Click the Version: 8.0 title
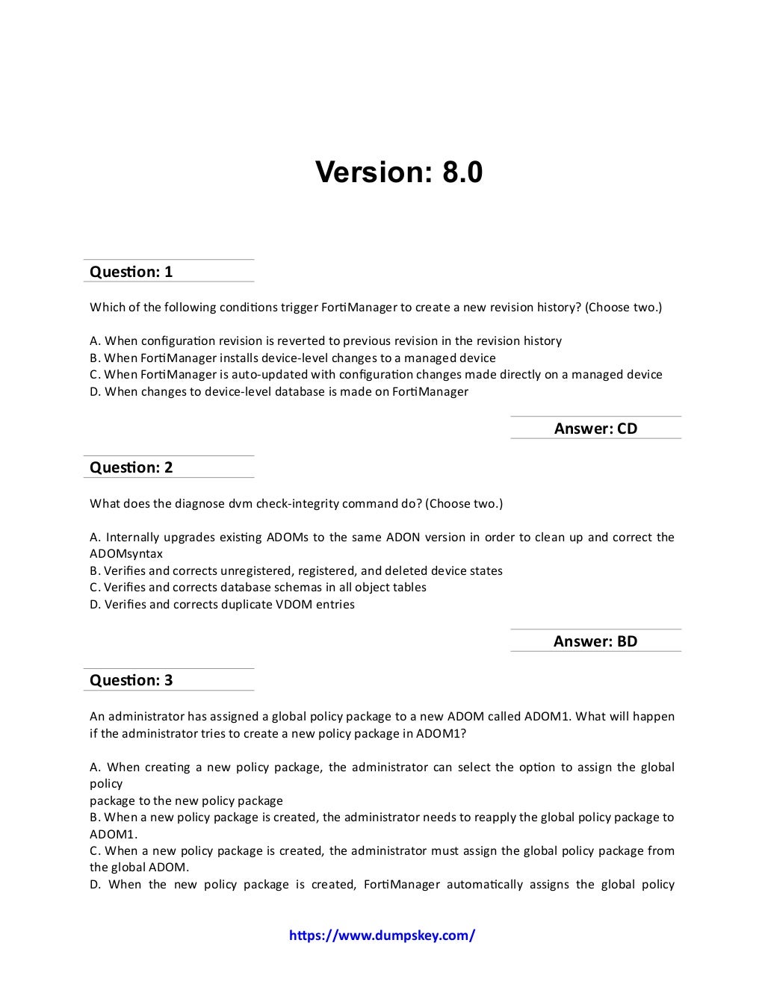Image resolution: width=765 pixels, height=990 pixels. [x=399, y=172]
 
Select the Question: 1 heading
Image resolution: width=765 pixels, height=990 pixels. [x=131, y=272]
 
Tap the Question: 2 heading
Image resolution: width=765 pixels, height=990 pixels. [x=131, y=468]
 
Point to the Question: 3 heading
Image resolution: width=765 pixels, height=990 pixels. [x=131, y=680]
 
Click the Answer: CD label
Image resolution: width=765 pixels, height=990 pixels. [x=595, y=429]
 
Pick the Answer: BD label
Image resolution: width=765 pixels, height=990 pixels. [x=595, y=641]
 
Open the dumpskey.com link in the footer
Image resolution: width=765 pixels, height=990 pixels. [x=382, y=935]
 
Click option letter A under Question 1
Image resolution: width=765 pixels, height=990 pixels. [x=95, y=341]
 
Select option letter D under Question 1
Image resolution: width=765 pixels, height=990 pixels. [x=95, y=392]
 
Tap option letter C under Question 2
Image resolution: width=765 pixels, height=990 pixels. [x=94, y=588]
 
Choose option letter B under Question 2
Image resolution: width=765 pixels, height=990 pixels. [x=94, y=571]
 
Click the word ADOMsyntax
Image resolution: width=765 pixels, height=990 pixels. [x=126, y=554]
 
